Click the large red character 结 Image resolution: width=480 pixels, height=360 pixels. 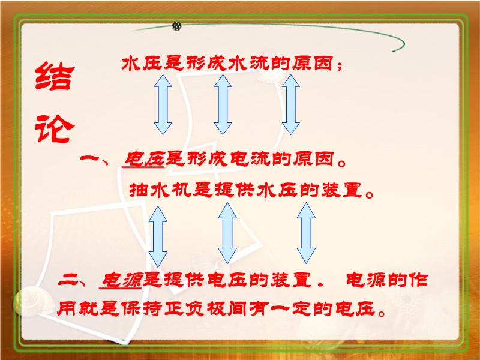pyautogui.click(x=55, y=76)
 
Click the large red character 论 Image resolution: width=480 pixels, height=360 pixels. pyautogui.click(x=55, y=128)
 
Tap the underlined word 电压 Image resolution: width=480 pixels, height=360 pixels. pyautogui.click(x=143, y=159)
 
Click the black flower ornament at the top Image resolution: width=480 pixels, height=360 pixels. pyautogui.click(x=176, y=26)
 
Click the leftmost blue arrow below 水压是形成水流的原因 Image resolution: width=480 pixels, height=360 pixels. pyautogui.click(x=163, y=104)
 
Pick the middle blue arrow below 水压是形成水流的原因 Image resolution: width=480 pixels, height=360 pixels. pyautogui.click(x=223, y=104)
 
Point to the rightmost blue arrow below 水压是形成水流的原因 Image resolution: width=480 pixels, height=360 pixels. pyautogui.click(x=290, y=104)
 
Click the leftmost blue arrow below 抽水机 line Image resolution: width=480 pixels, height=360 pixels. pyautogui.click(x=158, y=236)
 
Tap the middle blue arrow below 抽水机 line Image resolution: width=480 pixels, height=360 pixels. pyautogui.click(x=227, y=233)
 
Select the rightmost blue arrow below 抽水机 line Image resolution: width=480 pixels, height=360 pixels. pyautogui.click(x=306, y=233)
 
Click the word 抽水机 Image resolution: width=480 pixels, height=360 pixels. pyautogui.click(x=160, y=190)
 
